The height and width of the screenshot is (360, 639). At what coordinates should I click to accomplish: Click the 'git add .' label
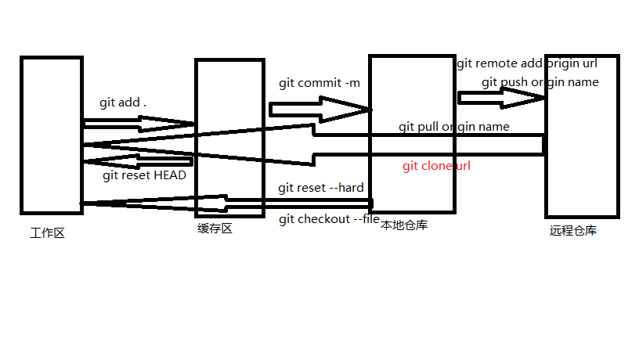(123, 103)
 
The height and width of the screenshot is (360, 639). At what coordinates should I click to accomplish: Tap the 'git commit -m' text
(319, 83)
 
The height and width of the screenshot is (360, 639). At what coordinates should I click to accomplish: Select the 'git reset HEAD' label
(144, 175)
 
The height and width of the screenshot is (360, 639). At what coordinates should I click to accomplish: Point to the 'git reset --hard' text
(321, 189)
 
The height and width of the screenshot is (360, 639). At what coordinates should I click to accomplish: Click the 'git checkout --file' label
(329, 219)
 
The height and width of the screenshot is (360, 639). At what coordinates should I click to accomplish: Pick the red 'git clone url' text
(436, 166)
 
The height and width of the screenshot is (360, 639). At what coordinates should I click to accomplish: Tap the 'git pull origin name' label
(454, 127)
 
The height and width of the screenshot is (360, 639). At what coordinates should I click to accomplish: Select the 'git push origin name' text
(540, 82)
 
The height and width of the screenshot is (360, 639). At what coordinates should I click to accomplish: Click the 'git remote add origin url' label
(527, 64)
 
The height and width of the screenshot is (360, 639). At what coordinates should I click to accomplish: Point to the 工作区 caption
(47, 232)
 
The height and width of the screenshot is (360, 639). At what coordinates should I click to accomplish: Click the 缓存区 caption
(215, 229)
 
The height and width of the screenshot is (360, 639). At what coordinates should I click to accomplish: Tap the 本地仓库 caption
(404, 225)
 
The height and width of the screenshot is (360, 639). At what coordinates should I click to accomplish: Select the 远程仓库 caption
(573, 231)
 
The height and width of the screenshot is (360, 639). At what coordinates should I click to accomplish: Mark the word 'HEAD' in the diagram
(170, 175)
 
